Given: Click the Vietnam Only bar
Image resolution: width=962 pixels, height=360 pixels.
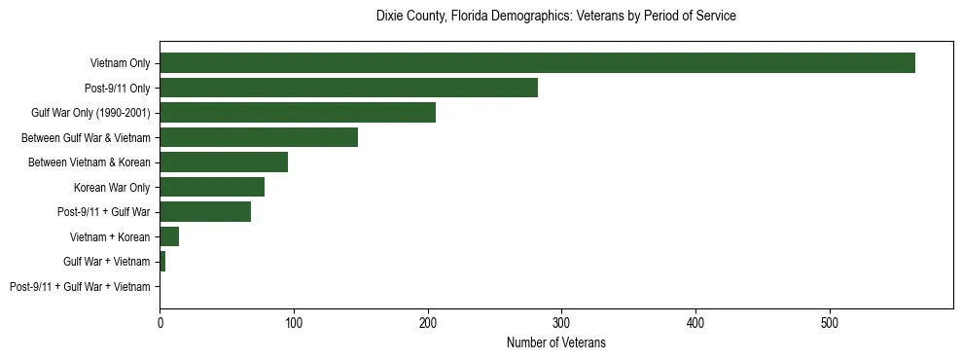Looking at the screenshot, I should (537, 63).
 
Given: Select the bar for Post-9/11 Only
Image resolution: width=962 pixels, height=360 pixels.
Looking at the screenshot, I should (348, 88).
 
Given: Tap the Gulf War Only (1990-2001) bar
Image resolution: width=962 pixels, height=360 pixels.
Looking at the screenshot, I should (298, 113).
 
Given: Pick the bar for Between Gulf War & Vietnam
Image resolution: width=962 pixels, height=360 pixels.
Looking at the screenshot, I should (259, 137).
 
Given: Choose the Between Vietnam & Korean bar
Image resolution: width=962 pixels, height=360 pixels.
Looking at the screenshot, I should (224, 162).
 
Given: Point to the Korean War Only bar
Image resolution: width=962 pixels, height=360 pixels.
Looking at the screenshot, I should (212, 187).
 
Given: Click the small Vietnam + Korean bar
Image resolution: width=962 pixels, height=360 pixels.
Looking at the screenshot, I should (169, 236).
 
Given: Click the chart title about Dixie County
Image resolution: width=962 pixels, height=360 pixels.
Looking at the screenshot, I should (555, 17).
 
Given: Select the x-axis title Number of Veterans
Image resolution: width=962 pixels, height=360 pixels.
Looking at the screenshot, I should (555, 342).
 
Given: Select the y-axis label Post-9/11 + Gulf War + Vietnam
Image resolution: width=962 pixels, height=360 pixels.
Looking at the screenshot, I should (80, 287).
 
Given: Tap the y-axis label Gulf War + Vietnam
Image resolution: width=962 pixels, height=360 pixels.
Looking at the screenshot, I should (107, 262).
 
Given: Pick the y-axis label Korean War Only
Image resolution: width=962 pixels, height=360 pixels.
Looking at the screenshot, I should (112, 188).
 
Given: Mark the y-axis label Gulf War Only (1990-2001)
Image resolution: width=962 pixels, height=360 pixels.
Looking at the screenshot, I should (91, 114).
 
